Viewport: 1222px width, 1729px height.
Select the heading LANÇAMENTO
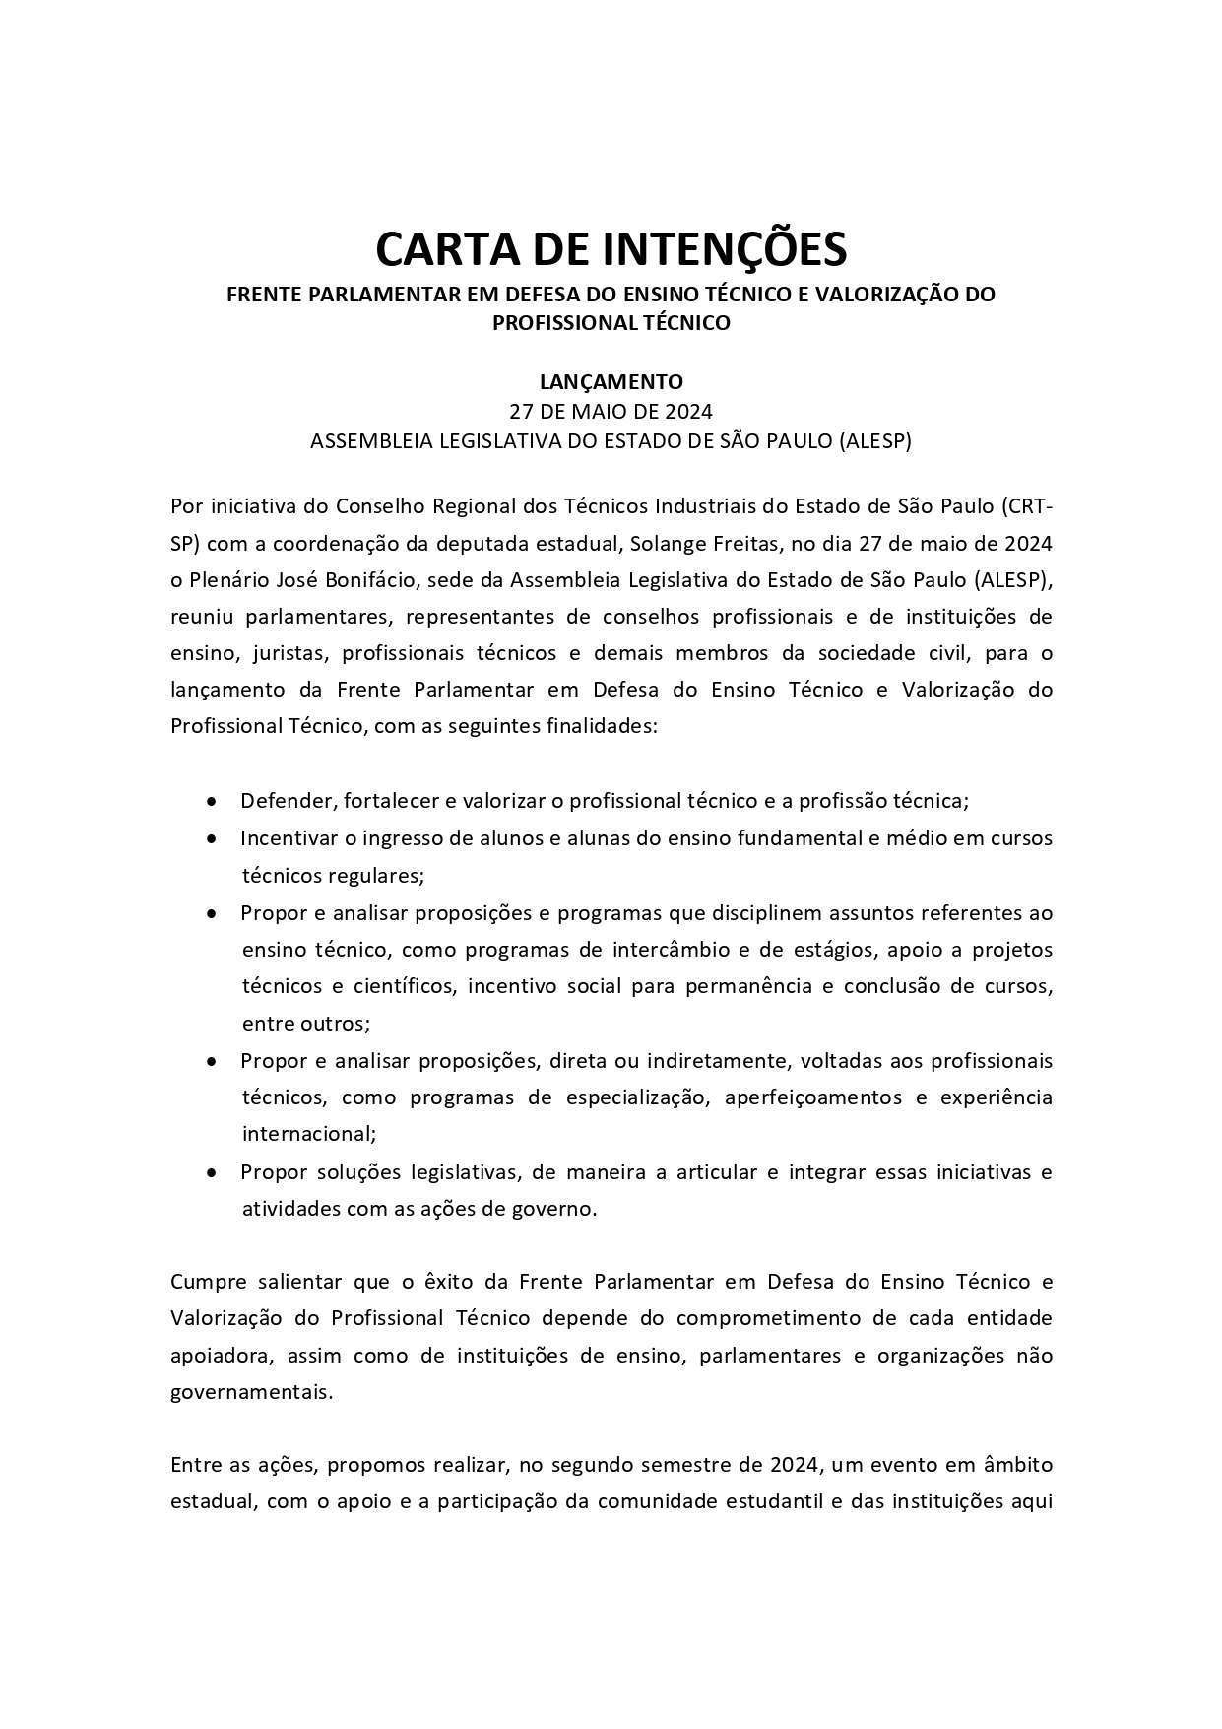(611, 381)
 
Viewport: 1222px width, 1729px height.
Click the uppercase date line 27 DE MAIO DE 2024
(611, 411)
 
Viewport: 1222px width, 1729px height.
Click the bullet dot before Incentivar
(212, 838)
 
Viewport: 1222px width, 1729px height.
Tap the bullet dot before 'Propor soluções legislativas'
(212, 1172)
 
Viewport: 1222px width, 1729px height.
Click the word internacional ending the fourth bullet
(308, 1134)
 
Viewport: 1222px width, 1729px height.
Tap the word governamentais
(251, 1393)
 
